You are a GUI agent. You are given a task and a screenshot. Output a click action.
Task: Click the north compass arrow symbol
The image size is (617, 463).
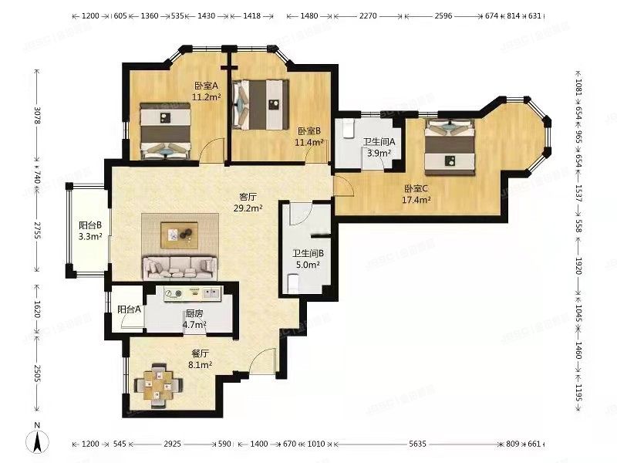37,440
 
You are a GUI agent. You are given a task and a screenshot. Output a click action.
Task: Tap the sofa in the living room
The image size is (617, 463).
180,268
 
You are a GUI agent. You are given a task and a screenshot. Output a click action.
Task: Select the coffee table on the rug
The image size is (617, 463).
179,235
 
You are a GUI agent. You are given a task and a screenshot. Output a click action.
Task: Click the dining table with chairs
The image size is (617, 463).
158,385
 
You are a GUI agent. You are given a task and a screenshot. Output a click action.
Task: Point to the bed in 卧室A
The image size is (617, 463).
166,131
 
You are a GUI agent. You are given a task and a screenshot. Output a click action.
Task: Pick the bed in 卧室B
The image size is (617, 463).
260,105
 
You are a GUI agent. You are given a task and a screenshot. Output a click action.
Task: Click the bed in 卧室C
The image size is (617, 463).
450,147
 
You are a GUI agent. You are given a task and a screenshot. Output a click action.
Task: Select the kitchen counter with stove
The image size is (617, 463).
193,293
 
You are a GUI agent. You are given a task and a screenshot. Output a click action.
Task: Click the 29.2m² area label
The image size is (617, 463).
248,208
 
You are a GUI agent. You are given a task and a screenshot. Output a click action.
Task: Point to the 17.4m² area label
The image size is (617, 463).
416,200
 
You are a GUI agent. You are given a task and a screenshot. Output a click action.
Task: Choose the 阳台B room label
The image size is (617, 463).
90,225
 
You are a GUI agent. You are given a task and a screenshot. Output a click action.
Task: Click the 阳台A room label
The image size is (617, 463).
129,310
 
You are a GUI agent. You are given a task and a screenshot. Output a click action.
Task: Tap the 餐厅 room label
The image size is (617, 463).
200,354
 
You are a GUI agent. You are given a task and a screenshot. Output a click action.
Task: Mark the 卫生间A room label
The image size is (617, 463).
379,142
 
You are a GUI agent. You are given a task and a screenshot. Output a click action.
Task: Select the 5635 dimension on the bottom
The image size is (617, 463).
417,444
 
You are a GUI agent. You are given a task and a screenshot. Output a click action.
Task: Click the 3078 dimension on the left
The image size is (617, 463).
37,115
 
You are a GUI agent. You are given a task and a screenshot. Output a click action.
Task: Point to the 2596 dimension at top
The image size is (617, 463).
443,16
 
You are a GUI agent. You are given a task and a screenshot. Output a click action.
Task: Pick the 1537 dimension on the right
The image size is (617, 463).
578,194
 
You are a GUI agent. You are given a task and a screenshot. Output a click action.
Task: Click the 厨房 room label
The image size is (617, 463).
194,314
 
